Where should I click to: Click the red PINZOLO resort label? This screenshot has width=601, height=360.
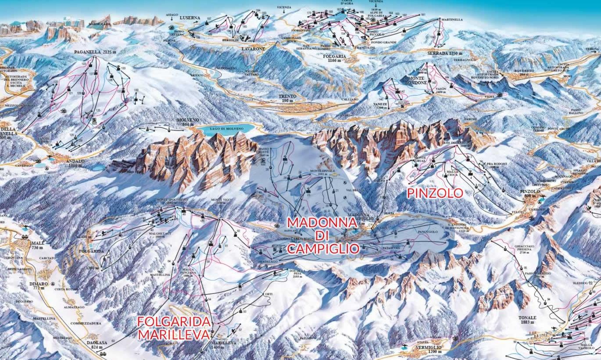pyautogui.click(x=435, y=193)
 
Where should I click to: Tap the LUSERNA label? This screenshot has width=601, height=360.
pyautogui.click(x=190, y=18)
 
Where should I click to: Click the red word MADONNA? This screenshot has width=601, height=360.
pyautogui.click(x=322, y=222)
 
